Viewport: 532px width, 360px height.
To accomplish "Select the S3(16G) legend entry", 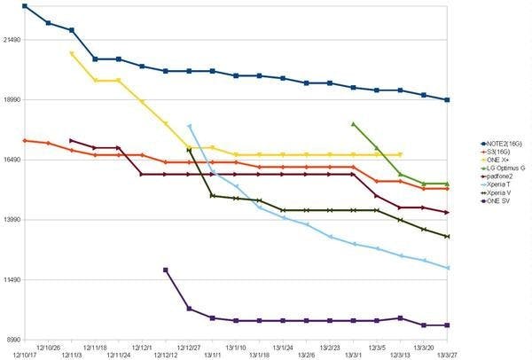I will click(x=496, y=152).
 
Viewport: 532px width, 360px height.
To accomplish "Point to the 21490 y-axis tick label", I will click(x=12, y=40).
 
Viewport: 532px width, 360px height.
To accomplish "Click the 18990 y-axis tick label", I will click(x=12, y=100).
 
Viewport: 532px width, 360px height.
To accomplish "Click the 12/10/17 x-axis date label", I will click(x=24, y=355).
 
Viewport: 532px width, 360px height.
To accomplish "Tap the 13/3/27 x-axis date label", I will click(x=448, y=355).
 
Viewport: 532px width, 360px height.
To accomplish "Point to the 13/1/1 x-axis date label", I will click(x=213, y=355).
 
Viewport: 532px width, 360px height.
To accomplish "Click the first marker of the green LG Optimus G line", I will click(x=354, y=124).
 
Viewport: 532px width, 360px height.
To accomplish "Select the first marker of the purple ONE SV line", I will click(x=166, y=270).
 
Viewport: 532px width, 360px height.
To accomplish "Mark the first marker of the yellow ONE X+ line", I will click(x=72, y=53).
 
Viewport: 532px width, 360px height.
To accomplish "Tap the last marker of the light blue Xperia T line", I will click(x=448, y=268).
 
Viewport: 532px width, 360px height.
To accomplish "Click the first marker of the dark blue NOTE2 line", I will click(x=24, y=6).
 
